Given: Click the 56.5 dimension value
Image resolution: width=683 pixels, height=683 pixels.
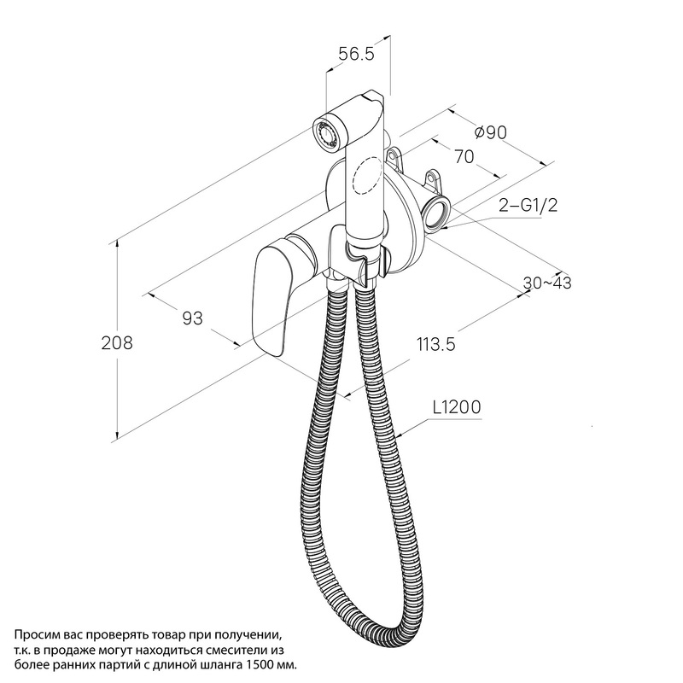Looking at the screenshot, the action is pos(356,54).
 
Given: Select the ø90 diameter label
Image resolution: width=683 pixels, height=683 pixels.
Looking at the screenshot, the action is pos(491,132).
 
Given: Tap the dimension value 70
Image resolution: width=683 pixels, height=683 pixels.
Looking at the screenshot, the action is pos(464,156).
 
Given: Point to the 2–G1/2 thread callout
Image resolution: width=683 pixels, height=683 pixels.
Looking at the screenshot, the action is pos(528,205).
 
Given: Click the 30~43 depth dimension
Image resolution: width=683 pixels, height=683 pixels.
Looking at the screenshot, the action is pos(547,283).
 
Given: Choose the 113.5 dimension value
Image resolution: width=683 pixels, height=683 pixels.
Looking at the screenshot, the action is pos(436,344).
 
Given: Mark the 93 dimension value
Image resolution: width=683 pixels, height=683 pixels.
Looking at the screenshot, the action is pos(192,318).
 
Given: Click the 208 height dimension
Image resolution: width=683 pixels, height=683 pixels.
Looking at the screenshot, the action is pos(117,343).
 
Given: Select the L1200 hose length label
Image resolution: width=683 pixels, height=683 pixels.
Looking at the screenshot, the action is pos(457,407).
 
